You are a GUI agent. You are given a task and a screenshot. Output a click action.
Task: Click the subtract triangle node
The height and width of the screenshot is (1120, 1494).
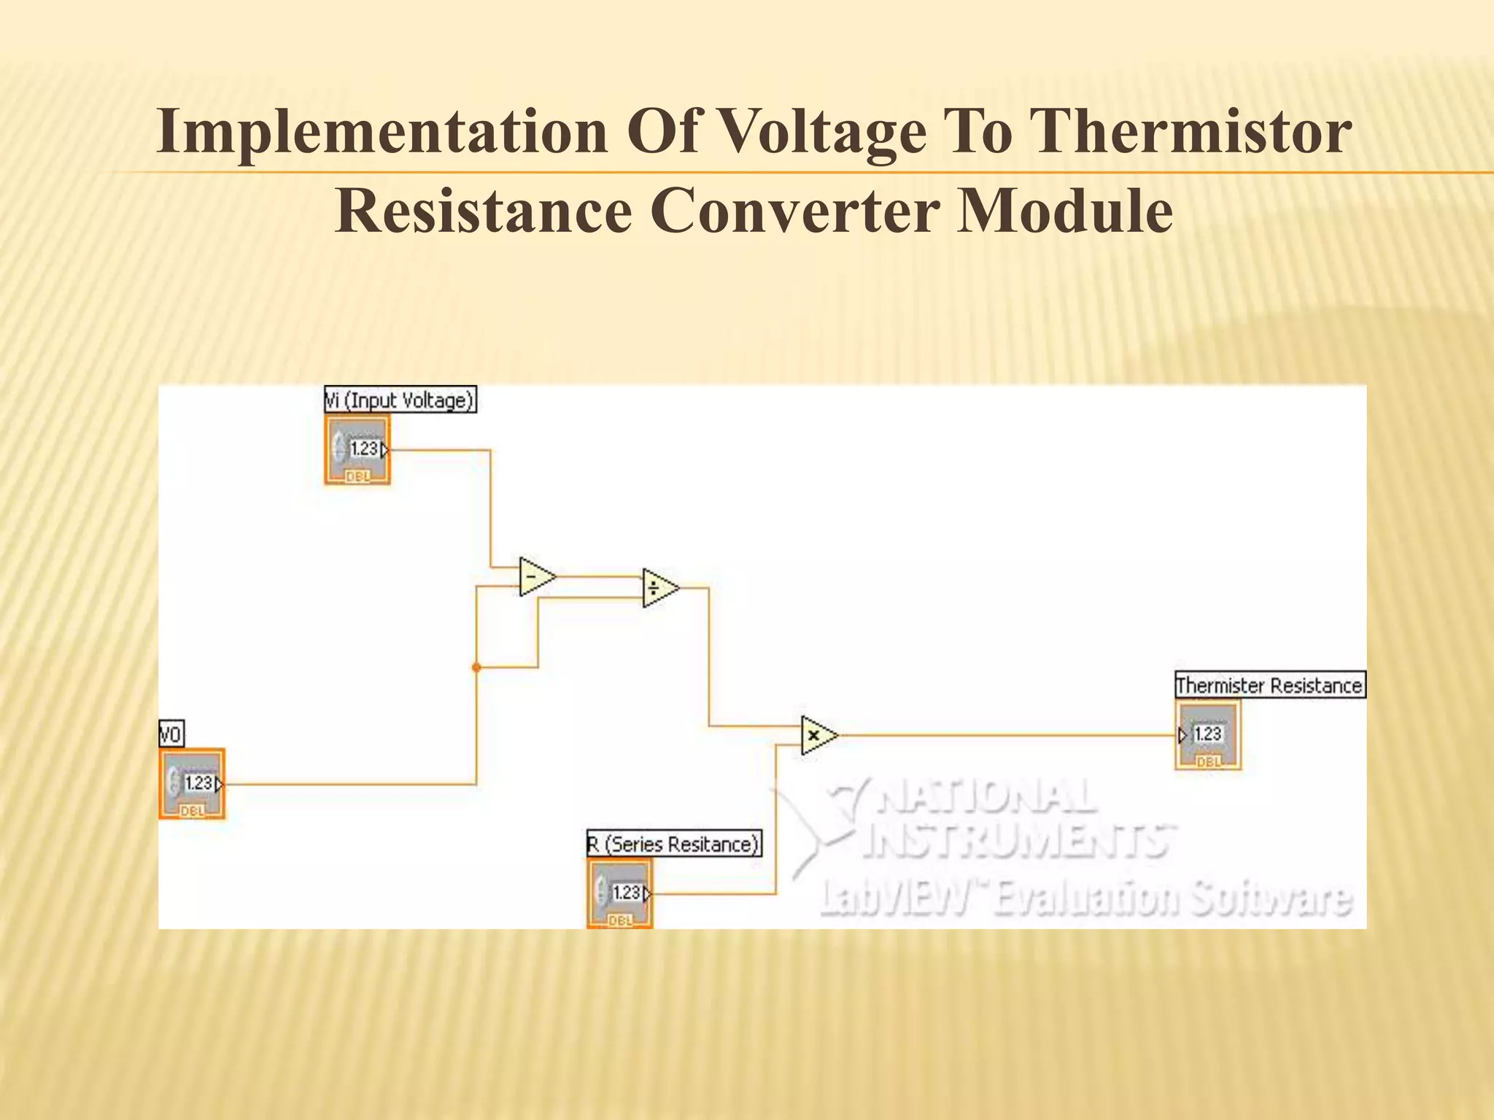tap(536, 577)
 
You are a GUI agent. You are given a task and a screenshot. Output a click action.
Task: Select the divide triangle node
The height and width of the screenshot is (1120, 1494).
tap(659, 588)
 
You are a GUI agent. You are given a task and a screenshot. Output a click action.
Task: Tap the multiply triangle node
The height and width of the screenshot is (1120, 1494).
tap(818, 735)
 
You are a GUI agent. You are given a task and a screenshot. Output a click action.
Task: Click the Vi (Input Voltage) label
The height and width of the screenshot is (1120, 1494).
tap(400, 400)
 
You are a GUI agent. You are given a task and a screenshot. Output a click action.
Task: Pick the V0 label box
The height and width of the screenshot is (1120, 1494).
tap(171, 734)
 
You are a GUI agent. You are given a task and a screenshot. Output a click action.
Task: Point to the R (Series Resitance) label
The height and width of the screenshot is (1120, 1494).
tap(674, 844)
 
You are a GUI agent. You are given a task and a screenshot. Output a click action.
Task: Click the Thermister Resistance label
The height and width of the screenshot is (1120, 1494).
tap(1269, 685)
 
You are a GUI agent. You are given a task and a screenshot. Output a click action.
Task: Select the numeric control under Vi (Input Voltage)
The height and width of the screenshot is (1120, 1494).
tap(357, 449)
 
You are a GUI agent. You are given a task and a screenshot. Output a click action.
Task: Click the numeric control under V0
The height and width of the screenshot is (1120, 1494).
tap(192, 783)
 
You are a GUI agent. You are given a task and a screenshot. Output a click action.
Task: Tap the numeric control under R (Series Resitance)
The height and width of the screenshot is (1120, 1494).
tap(620, 892)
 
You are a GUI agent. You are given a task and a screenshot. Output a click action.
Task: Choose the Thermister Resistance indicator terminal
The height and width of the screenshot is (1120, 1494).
tap(1208, 734)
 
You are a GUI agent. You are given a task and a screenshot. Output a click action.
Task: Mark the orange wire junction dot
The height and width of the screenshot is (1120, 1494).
tap(476, 667)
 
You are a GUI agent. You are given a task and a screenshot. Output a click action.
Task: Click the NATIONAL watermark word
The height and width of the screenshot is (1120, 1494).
tap(985, 797)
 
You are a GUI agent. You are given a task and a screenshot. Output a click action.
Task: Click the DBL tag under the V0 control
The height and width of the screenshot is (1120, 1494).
tap(192, 811)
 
